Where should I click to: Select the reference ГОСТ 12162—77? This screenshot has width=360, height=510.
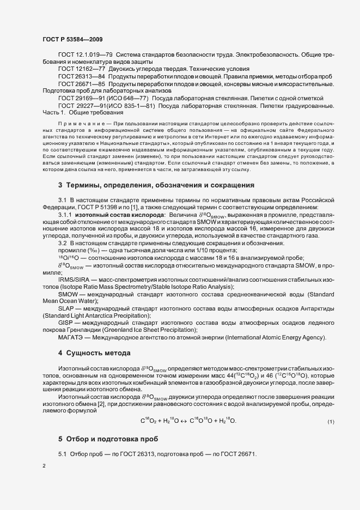coord(78,69)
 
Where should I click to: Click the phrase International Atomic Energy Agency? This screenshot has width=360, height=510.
coord(277,338)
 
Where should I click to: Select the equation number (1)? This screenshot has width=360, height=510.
coord(330,422)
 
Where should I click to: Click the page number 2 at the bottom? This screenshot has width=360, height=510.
coord(44,466)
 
